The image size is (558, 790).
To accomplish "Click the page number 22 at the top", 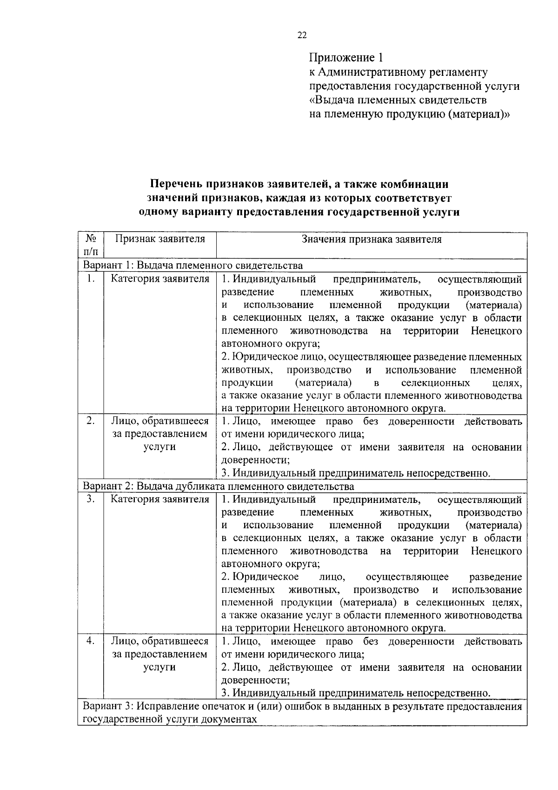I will pos(302,35).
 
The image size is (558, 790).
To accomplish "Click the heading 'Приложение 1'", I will pos(347,58).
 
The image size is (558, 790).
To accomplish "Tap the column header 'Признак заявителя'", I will pos(160,239).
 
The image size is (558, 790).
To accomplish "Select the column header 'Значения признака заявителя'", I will pos(372,239).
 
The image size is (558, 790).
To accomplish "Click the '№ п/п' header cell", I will pos(91,245).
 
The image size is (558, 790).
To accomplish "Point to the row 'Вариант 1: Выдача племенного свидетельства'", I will pos(193,265).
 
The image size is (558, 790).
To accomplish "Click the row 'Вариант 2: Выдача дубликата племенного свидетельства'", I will pos(219,486).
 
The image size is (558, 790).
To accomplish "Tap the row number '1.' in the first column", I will pos(91,279).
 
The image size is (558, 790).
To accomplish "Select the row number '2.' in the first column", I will pos(91,421).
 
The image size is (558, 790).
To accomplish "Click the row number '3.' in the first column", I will pos(91,499).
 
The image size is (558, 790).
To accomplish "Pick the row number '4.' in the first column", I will pos(91,641).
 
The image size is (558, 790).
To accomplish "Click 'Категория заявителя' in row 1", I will pos(160,279).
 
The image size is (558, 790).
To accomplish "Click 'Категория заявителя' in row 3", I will pos(160,499).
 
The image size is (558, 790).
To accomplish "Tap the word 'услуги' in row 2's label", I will pos(159,447).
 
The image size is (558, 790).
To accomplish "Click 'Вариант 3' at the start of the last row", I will pos(107,706).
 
